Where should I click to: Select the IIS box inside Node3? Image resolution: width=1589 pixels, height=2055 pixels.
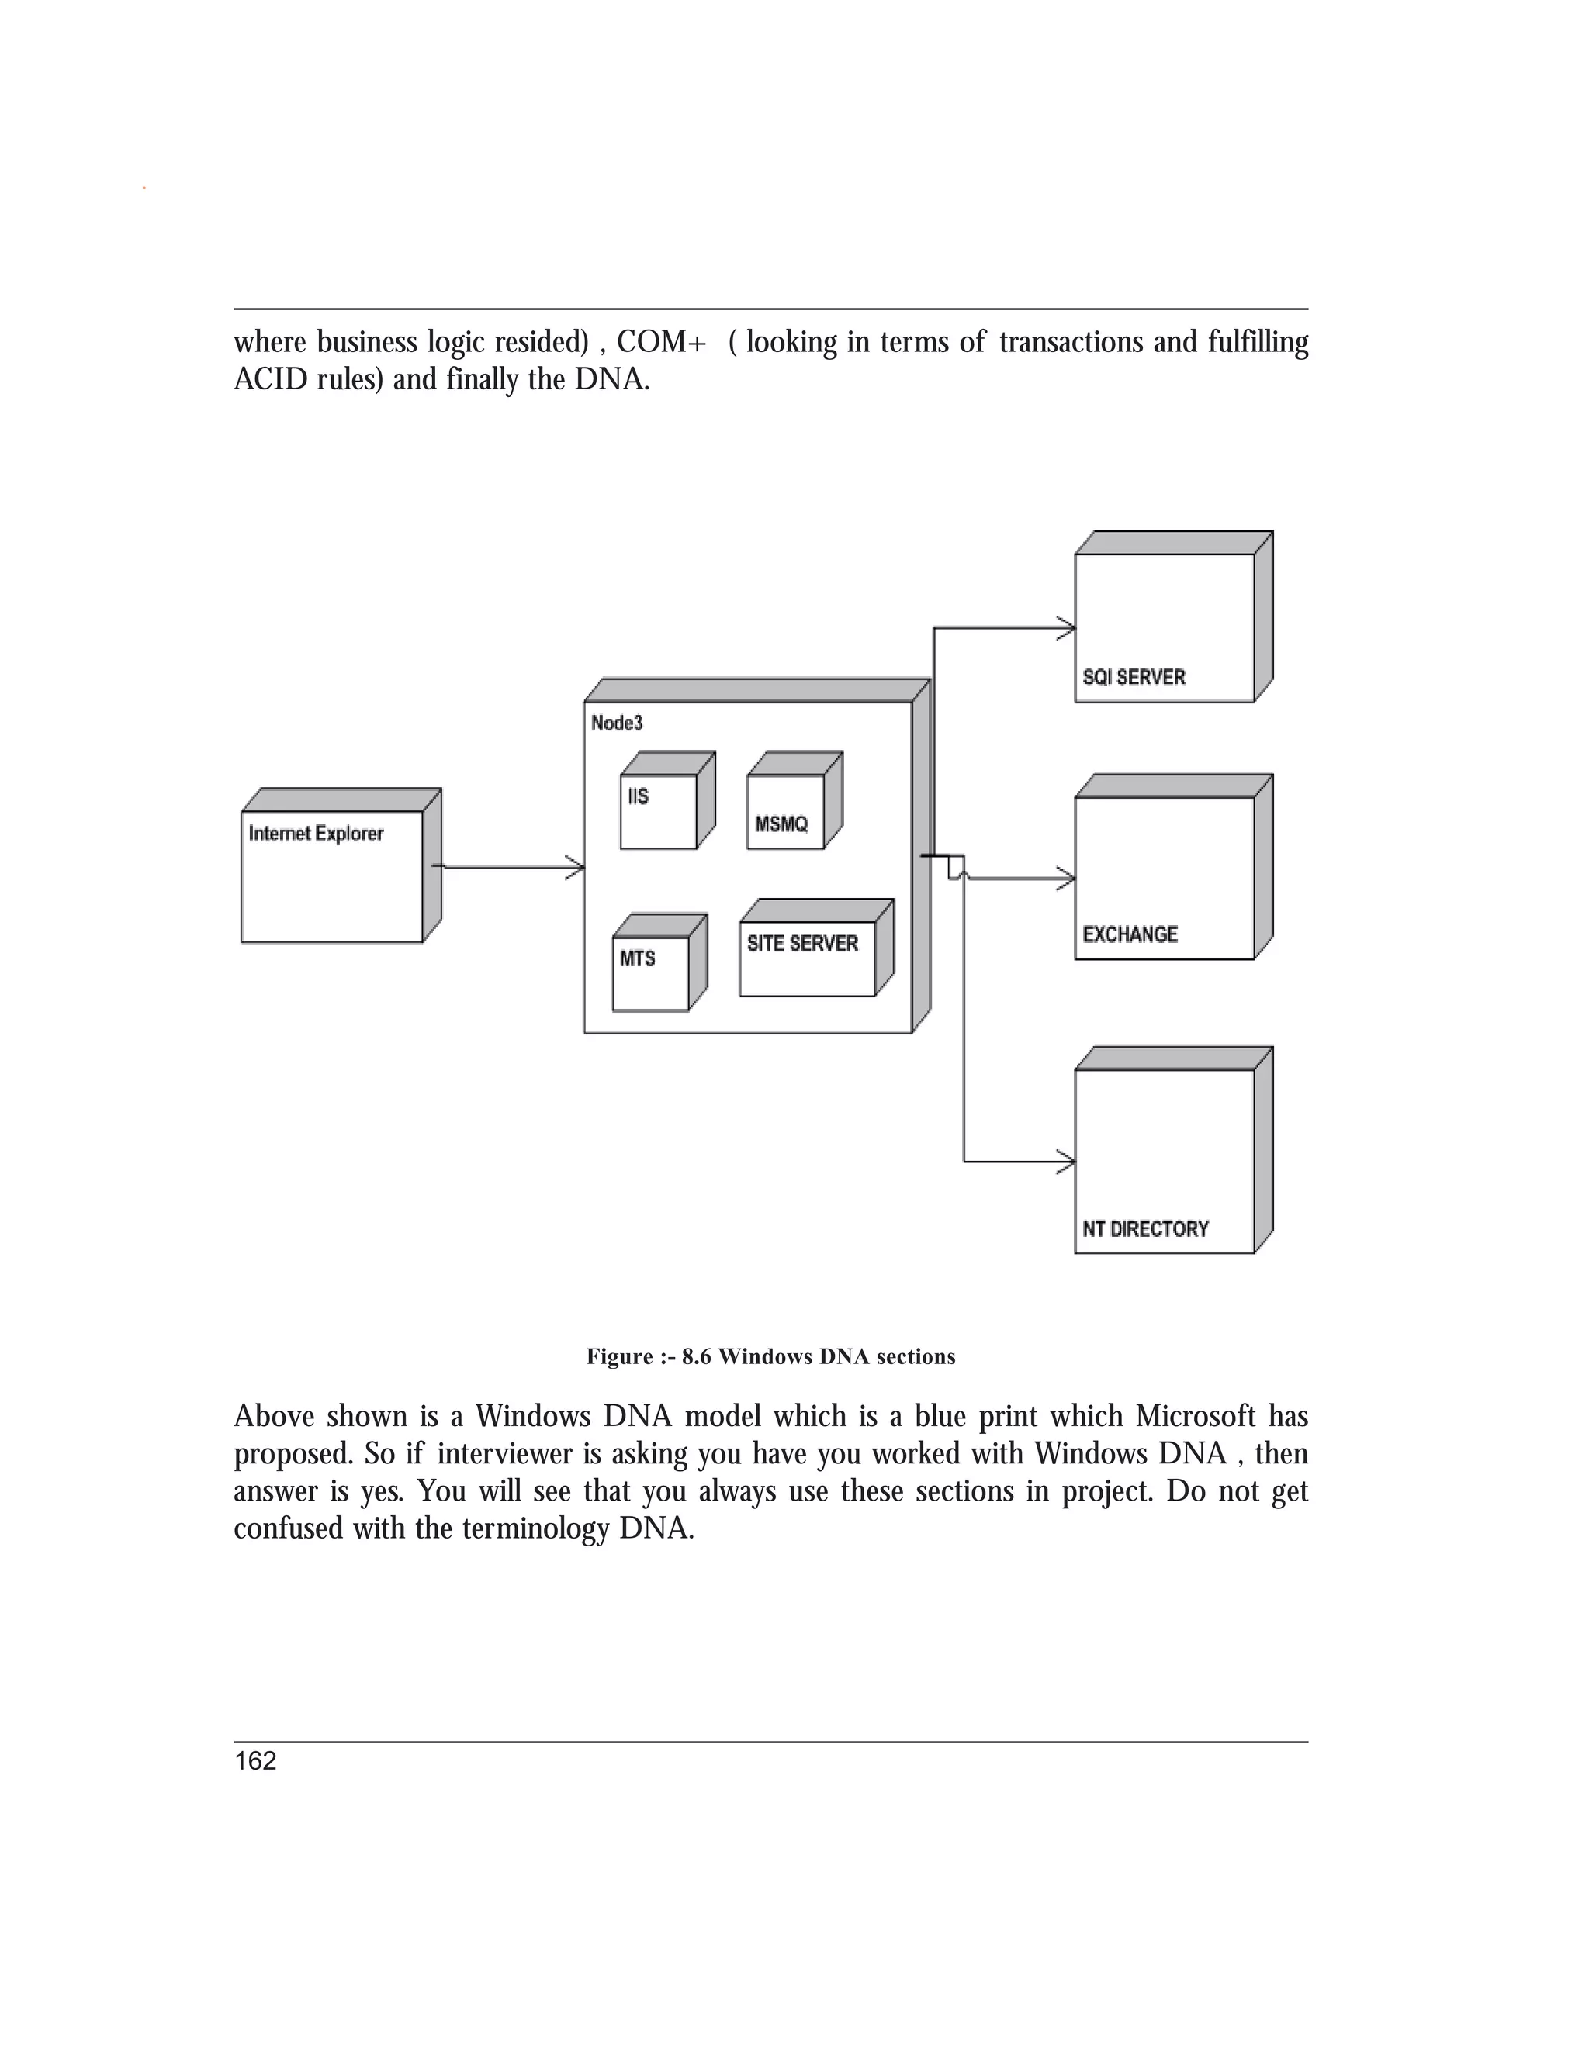point(658,811)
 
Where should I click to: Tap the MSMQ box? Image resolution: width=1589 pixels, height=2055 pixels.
point(785,811)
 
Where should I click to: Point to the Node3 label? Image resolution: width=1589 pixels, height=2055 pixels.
point(617,723)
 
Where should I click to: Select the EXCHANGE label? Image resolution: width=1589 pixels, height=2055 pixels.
point(1130,934)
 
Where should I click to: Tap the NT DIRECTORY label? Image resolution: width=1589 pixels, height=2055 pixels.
point(1144,1229)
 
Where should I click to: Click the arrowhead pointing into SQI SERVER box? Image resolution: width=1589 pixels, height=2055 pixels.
point(1068,627)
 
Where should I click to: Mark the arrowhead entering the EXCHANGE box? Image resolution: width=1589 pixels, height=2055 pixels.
point(1068,879)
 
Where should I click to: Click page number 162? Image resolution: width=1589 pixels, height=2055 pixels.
point(255,1761)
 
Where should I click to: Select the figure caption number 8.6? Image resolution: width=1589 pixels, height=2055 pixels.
point(697,1357)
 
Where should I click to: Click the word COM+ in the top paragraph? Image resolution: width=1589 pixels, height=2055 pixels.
point(661,341)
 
